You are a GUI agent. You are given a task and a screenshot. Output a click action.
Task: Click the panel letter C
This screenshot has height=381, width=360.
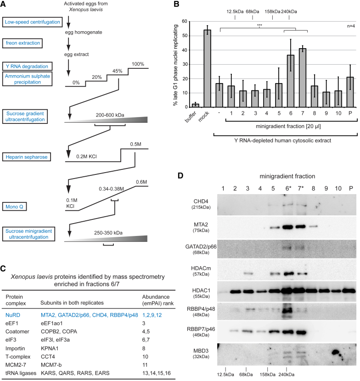[x=4, y=269]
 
